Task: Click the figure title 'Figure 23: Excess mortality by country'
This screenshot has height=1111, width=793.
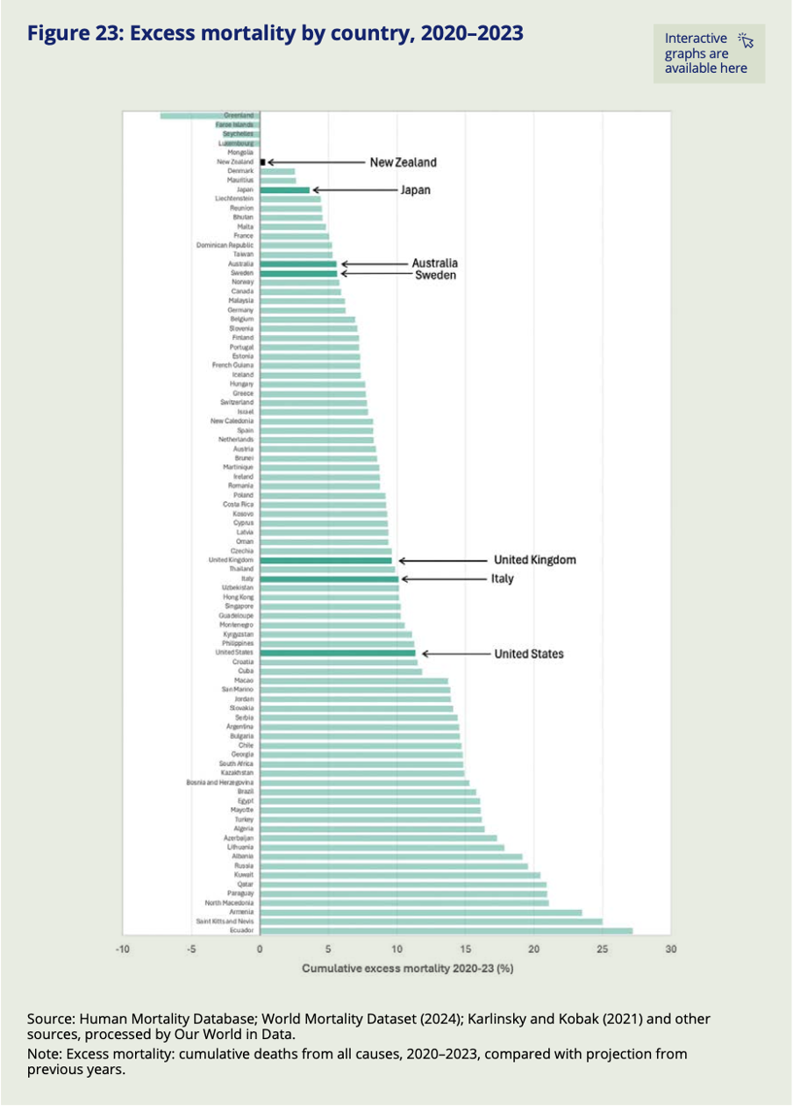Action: pos(275,33)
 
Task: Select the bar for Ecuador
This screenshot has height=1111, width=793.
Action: pos(446,930)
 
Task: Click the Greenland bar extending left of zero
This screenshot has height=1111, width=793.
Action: pos(210,115)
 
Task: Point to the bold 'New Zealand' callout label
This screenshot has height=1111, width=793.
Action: pos(403,162)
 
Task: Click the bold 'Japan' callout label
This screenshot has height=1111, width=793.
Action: pos(416,190)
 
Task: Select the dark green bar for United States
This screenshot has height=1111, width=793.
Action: pos(338,653)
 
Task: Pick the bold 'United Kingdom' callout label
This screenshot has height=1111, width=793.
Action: pos(534,560)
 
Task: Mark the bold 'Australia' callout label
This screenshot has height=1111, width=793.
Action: pos(435,263)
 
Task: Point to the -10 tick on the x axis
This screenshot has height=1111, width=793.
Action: pos(123,949)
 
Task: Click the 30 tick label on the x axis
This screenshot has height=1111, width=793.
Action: pos(671,949)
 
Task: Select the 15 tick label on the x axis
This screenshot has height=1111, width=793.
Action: pos(465,949)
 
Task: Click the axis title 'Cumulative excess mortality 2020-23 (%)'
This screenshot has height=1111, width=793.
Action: pos(407,970)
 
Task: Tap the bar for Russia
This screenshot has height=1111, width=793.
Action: pos(394,865)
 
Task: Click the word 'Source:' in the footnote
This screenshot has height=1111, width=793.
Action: pos(51,1019)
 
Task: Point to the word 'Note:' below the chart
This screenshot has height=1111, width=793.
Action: pos(46,1053)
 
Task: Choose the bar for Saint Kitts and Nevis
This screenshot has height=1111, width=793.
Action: pos(431,921)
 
